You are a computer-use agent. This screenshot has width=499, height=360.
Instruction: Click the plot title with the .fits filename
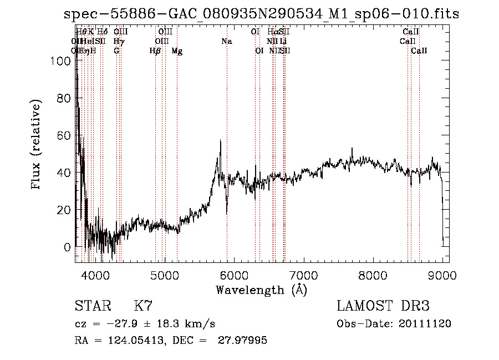tap(261, 13)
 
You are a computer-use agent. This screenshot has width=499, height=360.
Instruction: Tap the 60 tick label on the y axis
tap(64, 135)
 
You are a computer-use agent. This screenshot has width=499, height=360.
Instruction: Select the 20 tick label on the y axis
tap(64, 210)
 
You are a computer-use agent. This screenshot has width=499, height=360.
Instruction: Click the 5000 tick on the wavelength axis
tap(164, 274)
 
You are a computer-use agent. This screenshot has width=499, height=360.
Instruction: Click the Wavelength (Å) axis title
tap(261, 290)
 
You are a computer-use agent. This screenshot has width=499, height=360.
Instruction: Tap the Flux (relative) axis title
tap(37, 145)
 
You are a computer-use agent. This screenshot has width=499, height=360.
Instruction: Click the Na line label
tap(226, 42)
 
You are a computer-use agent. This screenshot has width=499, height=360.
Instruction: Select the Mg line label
tap(177, 51)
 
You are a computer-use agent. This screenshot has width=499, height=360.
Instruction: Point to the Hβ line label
tap(155, 51)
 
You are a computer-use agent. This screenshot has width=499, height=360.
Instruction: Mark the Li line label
tap(283, 42)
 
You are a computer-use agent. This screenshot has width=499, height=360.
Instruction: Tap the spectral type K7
tap(143, 306)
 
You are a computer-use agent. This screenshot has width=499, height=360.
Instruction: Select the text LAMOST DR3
tap(383, 306)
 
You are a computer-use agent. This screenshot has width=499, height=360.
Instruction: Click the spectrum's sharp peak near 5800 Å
tap(221, 141)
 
